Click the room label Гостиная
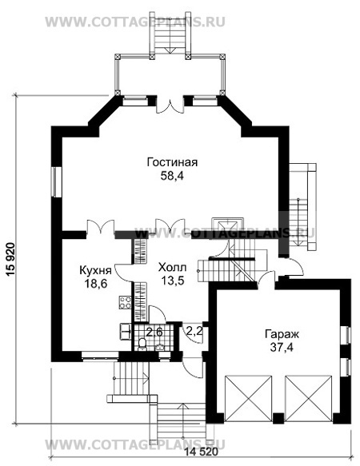coord(172,162)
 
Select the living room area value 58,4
coord(172,176)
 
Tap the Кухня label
coord(95,271)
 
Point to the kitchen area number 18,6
coord(96,284)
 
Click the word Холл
coord(172,268)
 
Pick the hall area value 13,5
coord(172,281)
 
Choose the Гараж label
coord(282,334)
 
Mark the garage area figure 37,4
coord(282,347)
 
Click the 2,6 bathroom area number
coord(155,332)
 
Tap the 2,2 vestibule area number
coord(194,331)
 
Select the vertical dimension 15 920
coord(10,260)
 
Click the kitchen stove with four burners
coord(125,302)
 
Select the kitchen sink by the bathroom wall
coord(126,331)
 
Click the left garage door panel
coord(249,399)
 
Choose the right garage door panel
coord(308,399)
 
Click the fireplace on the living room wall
coord(227,225)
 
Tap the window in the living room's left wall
coord(56,182)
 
